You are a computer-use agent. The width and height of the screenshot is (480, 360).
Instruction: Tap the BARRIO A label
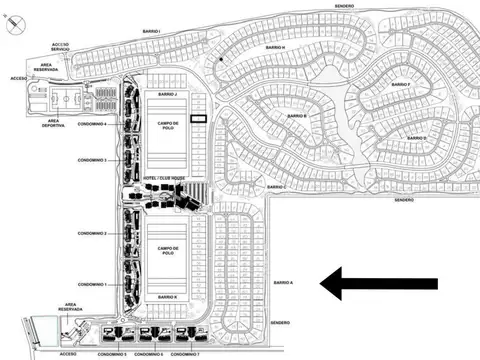pyautogui.click(x=284, y=283)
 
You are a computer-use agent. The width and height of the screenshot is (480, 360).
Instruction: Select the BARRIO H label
pyautogui.click(x=276, y=47)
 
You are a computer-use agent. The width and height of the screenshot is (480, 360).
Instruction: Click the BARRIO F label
pyautogui.click(x=401, y=85)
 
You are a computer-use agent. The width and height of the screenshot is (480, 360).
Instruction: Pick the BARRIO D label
pyautogui.click(x=419, y=137)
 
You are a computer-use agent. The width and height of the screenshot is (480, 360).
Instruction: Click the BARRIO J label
pyautogui.click(x=167, y=94)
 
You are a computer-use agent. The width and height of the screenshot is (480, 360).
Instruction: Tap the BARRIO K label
pyautogui.click(x=167, y=298)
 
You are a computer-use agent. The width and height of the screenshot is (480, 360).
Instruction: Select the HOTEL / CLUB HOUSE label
pyautogui.click(x=164, y=178)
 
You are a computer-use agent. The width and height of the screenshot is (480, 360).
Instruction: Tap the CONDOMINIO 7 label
pyautogui.click(x=185, y=354)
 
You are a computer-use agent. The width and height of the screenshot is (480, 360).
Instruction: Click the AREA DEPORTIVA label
pyautogui.click(x=53, y=124)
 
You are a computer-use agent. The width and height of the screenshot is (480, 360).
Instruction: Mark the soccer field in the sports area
pyautogui.click(x=63, y=101)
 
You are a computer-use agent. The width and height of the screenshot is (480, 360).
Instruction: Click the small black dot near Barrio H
pyautogui.click(x=221, y=60)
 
